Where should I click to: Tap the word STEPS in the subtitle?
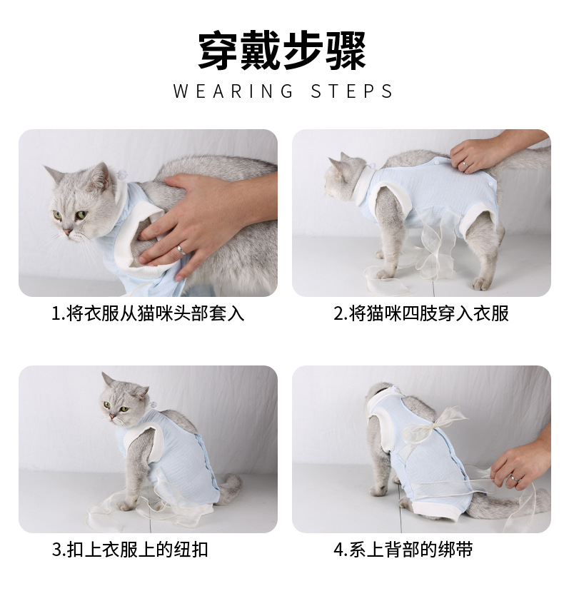[352, 92]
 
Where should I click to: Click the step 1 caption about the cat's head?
[148, 314]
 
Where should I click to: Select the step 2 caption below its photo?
[421, 314]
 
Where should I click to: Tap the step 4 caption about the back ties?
[403, 550]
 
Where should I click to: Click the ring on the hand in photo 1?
[181, 250]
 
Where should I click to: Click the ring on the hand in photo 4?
[512, 477]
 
